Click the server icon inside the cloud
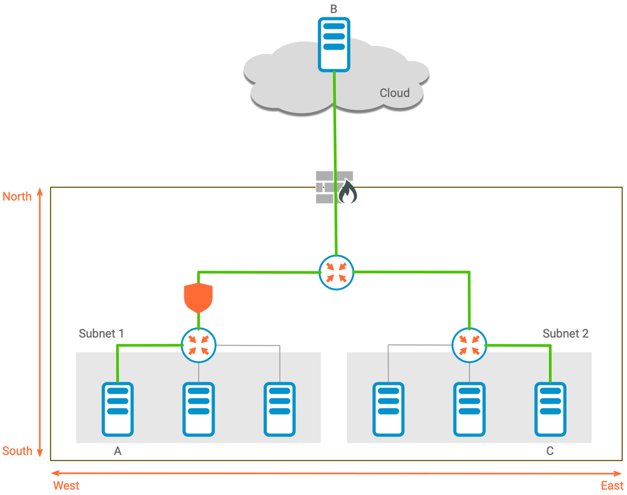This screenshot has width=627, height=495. pos(334,44)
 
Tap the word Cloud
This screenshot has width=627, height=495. pos(394,93)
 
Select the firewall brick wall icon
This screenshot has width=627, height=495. pos(326,187)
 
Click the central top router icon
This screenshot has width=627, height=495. pos(337,272)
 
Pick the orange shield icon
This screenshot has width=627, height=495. pos(198,298)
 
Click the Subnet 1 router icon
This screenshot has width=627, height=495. pos(198,345)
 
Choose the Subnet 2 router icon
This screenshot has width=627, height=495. pos(469,345)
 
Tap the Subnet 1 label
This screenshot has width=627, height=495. pos(101,334)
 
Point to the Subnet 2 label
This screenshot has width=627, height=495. pos(565,334)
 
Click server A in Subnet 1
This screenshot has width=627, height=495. pos(118,409)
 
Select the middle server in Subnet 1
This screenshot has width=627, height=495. pos(198,409)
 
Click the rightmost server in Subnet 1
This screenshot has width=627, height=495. pos(279,409)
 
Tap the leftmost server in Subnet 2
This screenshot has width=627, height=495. pos(388,409)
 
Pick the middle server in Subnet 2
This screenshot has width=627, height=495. pos(469,409)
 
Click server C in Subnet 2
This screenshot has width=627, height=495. pos(550,409)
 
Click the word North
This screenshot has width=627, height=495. pos(17,197)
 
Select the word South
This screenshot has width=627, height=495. pos(17,451)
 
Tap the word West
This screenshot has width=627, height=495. pos(66,486)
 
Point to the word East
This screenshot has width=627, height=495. pos(612,486)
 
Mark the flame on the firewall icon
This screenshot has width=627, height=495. pos(347,192)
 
